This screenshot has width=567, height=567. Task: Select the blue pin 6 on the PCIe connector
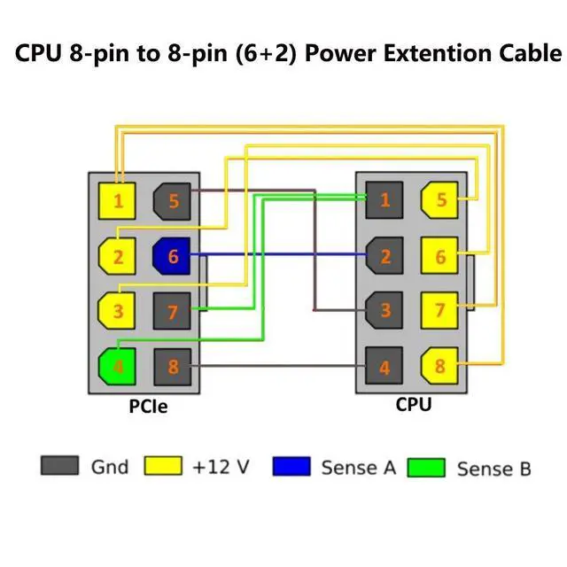[171, 256]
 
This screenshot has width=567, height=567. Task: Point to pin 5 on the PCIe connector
[171, 201]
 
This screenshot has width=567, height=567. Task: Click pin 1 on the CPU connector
[384, 199]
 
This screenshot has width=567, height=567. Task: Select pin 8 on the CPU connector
[439, 364]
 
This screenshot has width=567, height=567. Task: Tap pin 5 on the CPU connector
[439, 199]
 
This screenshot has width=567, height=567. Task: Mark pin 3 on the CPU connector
[384, 309]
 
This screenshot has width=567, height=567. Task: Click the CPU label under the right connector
[413, 406]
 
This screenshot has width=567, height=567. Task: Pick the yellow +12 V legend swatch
[163, 466]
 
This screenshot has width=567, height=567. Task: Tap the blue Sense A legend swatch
[291, 466]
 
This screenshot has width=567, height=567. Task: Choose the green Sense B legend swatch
[426, 468]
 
